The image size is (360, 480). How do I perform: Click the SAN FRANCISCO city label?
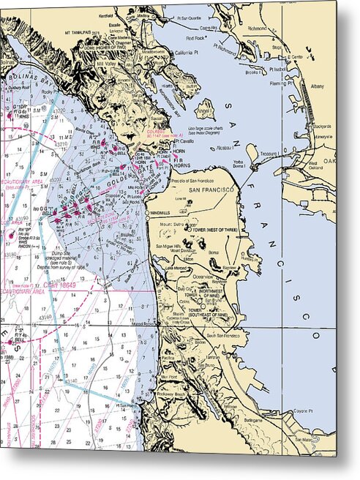212,190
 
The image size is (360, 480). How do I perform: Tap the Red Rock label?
195,38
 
